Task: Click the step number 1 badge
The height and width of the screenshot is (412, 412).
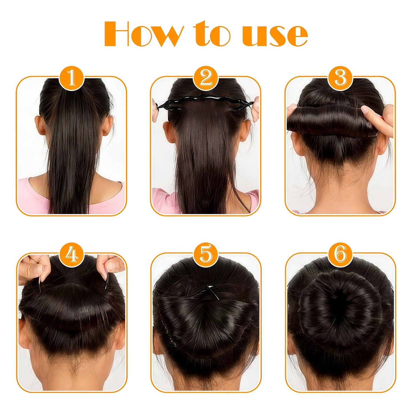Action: [71, 78]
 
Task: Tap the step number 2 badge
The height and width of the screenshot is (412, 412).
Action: [206, 78]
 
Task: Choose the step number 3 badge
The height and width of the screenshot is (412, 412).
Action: [340, 78]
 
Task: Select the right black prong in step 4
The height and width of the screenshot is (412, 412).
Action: [107, 281]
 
